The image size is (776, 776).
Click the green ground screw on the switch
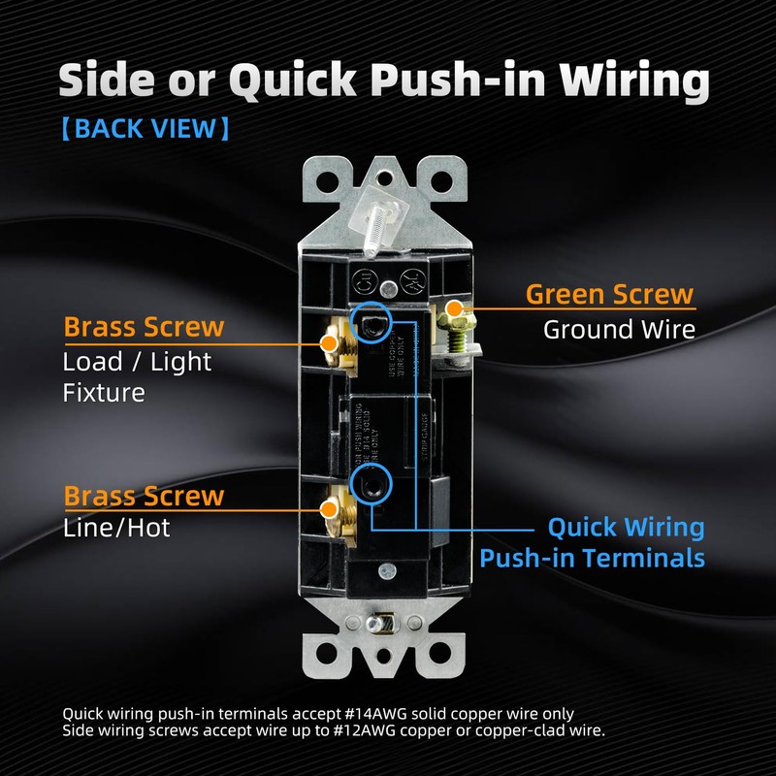453,316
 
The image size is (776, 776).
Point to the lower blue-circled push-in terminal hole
371,482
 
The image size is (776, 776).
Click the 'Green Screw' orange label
609,293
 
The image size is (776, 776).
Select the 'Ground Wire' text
619,329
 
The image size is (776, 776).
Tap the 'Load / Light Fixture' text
137,376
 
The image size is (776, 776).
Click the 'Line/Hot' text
110,529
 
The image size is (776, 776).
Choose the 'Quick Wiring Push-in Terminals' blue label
592,543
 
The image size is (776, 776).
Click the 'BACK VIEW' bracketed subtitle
145,129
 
